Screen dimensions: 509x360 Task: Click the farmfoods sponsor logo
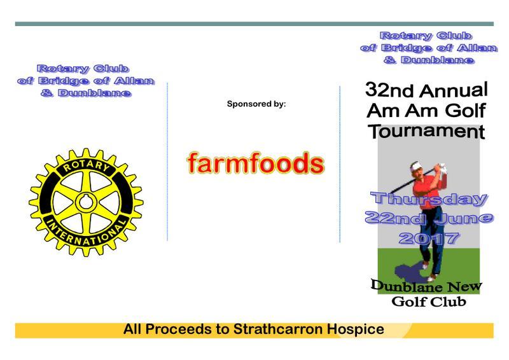pyautogui.click(x=256, y=163)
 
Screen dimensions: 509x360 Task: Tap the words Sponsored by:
pyautogui.click(x=256, y=104)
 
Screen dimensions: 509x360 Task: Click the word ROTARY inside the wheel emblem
pyautogui.click(x=87, y=166)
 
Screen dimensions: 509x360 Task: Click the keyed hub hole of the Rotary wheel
pyautogui.click(x=86, y=202)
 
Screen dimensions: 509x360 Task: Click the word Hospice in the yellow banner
pyautogui.click(x=356, y=329)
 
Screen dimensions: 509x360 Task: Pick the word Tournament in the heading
pyautogui.click(x=426, y=132)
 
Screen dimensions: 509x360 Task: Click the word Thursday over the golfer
pyautogui.click(x=429, y=199)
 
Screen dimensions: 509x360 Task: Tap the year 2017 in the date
pyautogui.click(x=428, y=239)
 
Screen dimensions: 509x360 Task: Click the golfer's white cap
pyautogui.click(x=415, y=167)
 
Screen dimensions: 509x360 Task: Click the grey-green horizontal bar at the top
pyautogui.click(x=254, y=24)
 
